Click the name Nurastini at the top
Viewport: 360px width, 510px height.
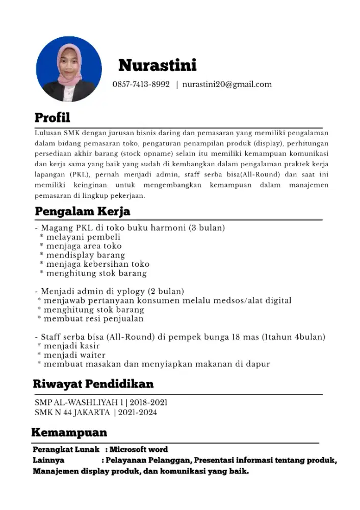pyautogui.click(x=157, y=65)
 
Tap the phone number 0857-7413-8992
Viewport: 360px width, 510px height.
pyautogui.click(x=141, y=84)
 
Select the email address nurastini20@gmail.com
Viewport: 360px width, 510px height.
pyautogui.click(x=227, y=84)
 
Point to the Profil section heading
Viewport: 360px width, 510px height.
pyautogui.click(x=53, y=118)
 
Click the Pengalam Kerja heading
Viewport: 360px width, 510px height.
pyautogui.click(x=83, y=211)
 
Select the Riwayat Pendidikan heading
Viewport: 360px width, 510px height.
pyautogui.click(x=93, y=384)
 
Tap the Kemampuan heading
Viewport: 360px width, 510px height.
pyautogui.click(x=69, y=432)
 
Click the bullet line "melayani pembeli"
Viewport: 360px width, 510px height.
pyautogui.click(x=83, y=237)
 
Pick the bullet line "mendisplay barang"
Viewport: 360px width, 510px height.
pyautogui.click(x=85, y=255)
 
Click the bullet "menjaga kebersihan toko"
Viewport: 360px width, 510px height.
pyautogui.click(x=97, y=264)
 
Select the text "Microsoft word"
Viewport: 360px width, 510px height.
pyautogui.click(x=139, y=450)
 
